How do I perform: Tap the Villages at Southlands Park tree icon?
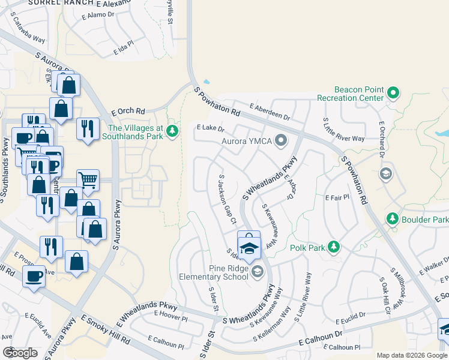(x=173, y=131)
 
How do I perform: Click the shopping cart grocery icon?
(x=88, y=179)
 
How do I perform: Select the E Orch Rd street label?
(x=128, y=112)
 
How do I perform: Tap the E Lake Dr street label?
(x=210, y=128)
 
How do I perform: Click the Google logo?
(x=20, y=352)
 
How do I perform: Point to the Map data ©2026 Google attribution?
(x=412, y=355)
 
